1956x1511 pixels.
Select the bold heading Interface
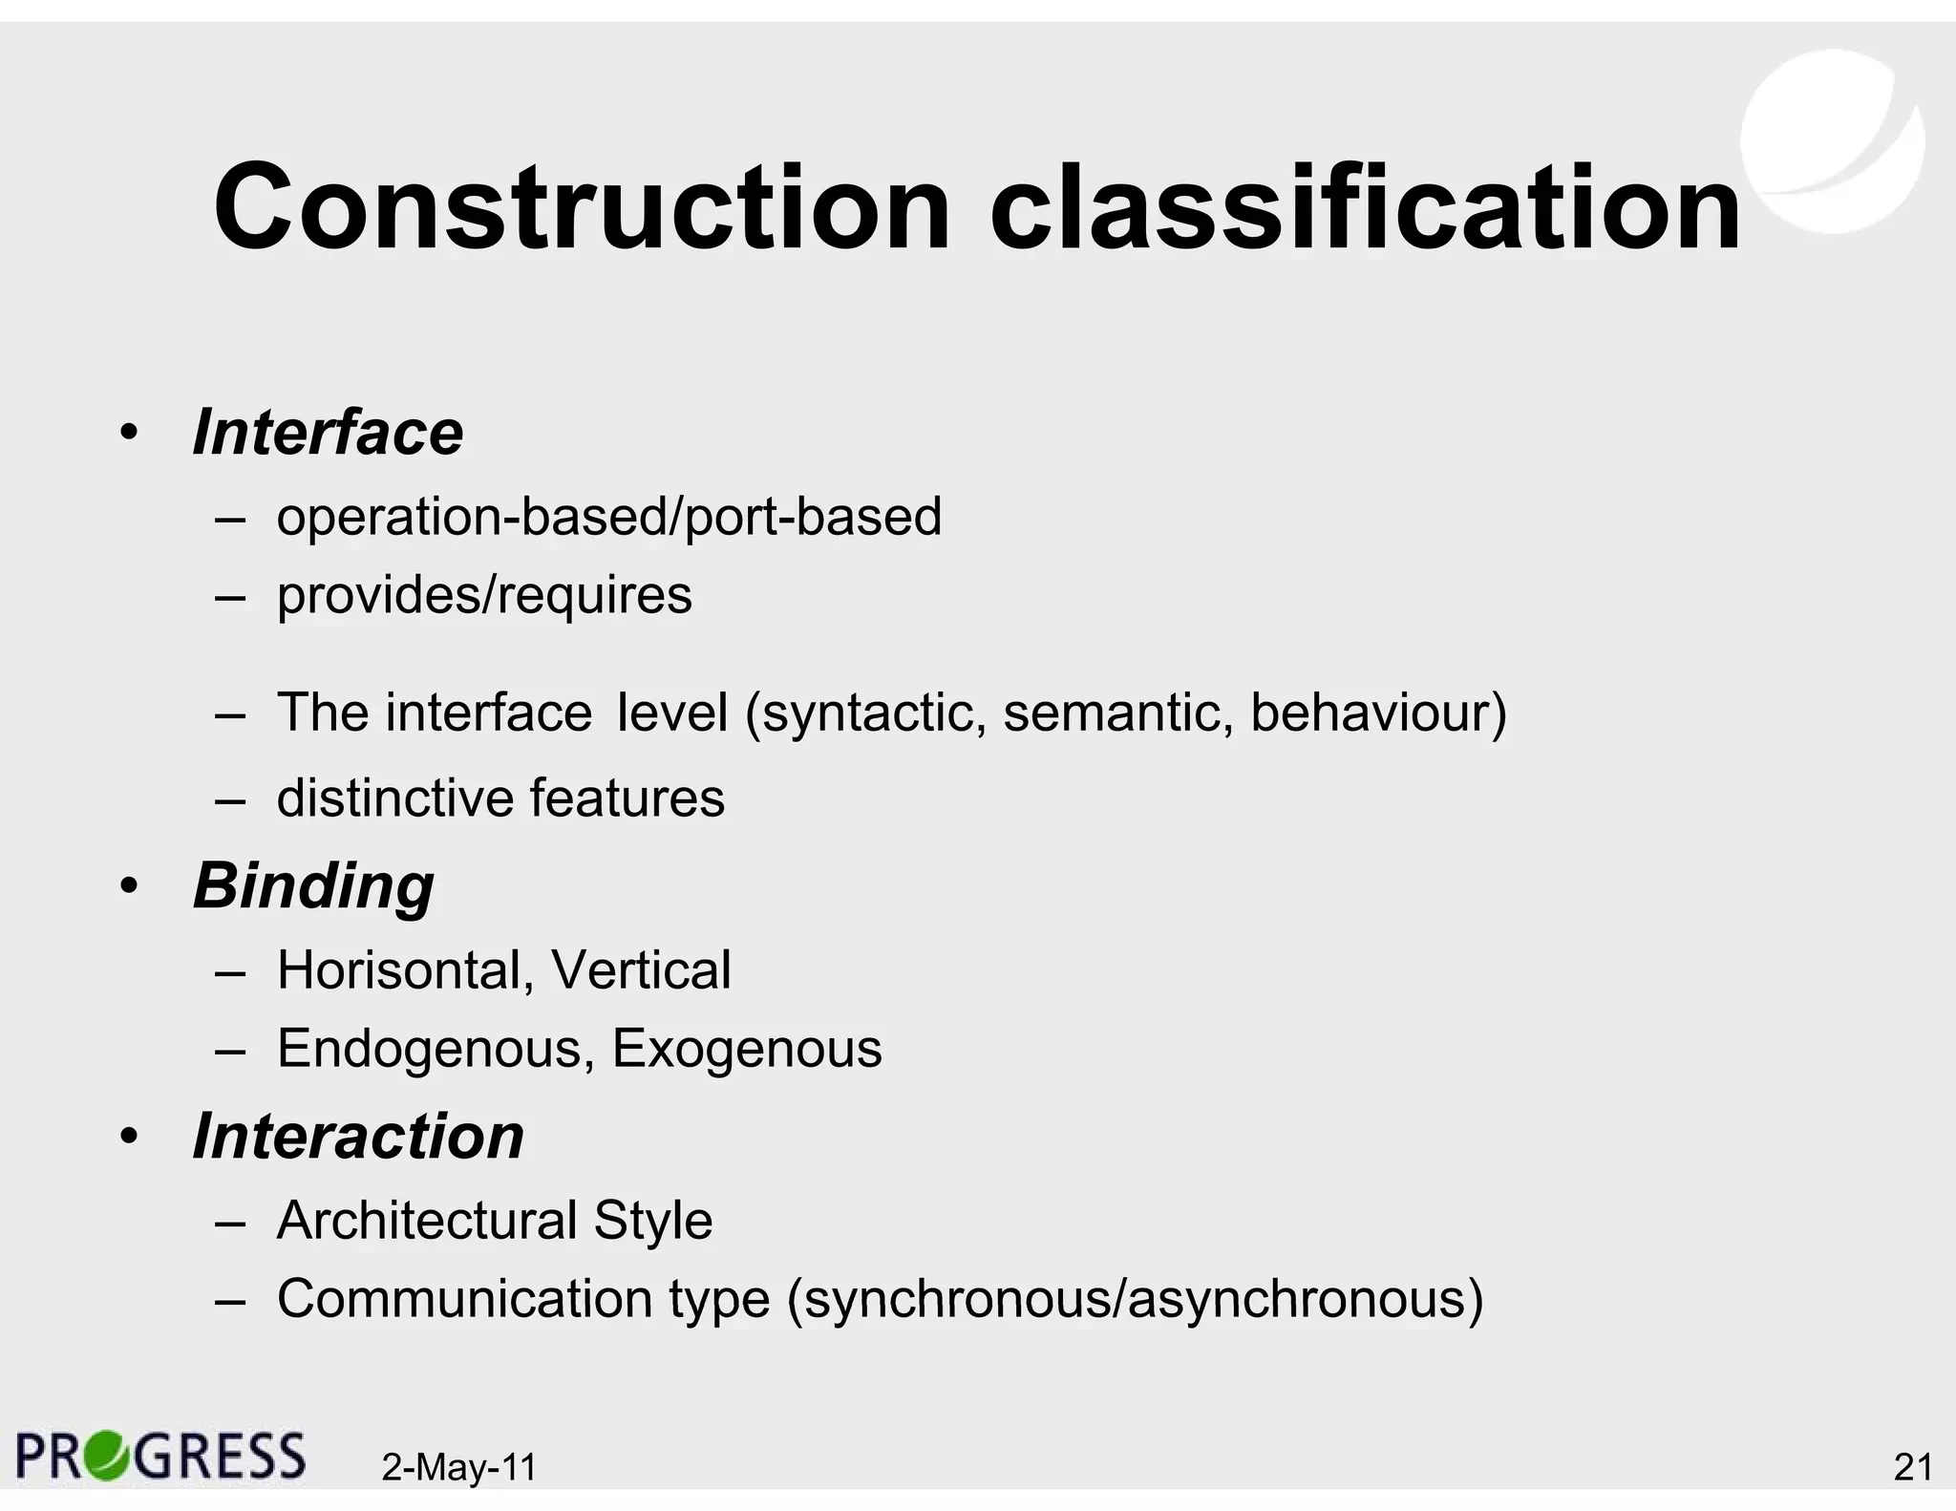pos(328,433)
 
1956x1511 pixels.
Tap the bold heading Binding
pos(313,885)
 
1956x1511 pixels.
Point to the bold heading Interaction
pos(358,1137)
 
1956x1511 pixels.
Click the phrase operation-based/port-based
pos(608,517)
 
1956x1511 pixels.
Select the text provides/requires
pos(484,595)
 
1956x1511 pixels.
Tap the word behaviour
pos(1371,713)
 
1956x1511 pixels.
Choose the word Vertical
pos(641,970)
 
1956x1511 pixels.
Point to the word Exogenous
pos(747,1049)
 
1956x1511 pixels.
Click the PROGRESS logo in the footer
pos(160,1457)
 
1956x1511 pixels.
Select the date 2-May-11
pos(459,1467)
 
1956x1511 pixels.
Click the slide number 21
pos(1912,1467)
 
